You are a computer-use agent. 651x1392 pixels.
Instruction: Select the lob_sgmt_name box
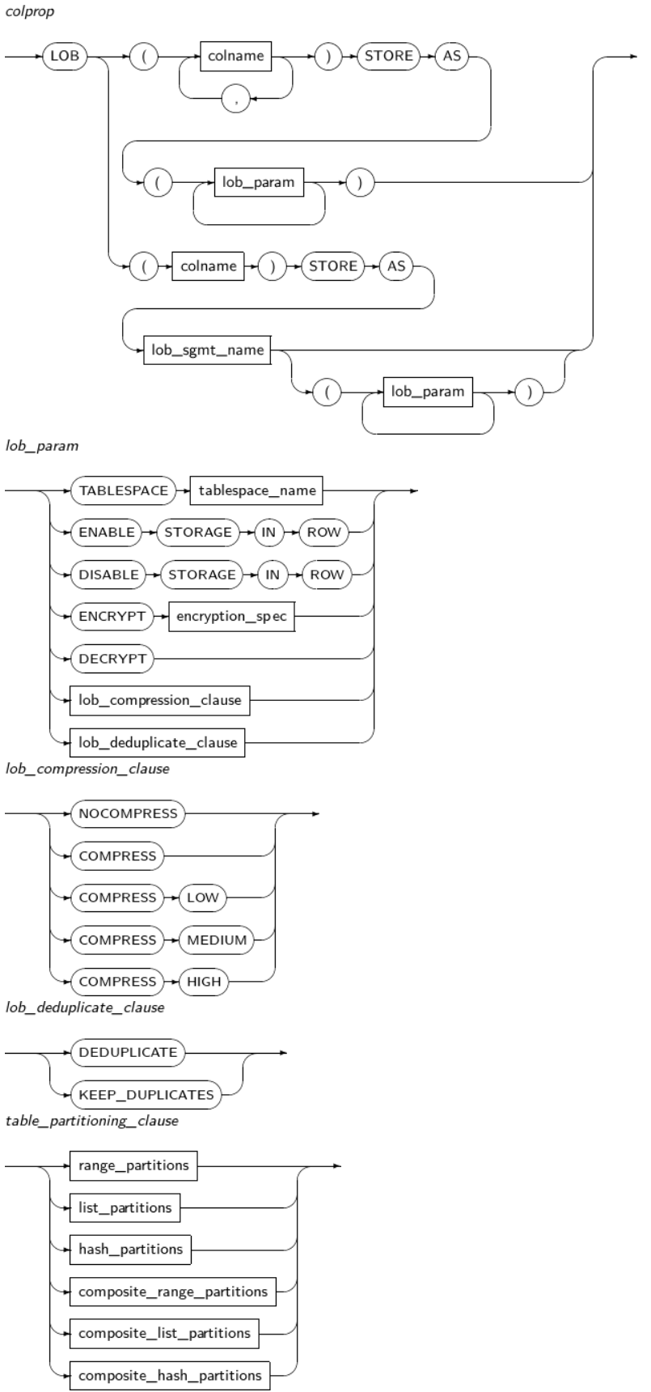coord(206,350)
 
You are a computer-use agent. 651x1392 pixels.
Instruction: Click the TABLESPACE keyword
coord(124,490)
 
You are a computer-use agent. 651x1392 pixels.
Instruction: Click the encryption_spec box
coord(231,617)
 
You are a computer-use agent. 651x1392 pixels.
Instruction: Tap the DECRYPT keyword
coord(112,659)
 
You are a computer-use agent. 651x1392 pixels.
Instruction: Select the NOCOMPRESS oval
coord(128,813)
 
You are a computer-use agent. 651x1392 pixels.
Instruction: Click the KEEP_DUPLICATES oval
coord(146,1095)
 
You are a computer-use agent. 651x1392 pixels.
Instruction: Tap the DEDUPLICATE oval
coord(129,1053)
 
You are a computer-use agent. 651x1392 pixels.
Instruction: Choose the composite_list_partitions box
coord(164,1333)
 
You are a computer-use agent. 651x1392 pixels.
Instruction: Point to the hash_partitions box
coord(130,1249)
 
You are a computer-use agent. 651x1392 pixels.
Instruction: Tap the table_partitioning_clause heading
coord(91,1121)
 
